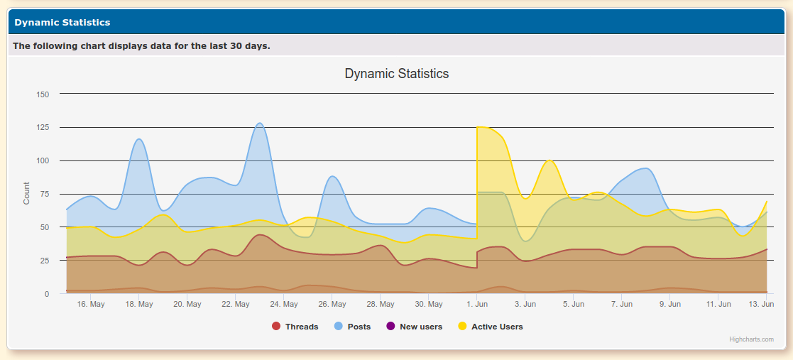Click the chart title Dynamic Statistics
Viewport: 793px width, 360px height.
[396, 73]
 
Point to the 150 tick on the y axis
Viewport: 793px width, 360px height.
[42, 94]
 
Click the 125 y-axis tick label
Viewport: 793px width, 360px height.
[42, 128]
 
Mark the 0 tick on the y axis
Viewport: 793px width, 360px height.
[47, 294]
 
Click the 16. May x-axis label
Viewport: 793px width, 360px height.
[91, 305]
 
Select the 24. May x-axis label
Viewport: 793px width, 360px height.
[284, 305]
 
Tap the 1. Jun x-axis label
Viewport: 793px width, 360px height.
[477, 305]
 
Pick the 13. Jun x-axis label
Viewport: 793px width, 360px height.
[762, 305]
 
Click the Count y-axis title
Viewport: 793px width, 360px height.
[26, 193]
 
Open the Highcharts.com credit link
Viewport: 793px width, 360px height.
[751, 339]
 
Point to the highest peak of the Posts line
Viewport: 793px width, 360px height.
[260, 123]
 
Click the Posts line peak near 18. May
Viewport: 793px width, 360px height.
[139, 139]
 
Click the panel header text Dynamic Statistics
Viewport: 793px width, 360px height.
[62, 22]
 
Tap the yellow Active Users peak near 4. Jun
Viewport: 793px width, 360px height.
[549, 160]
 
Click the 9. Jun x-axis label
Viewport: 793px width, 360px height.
[670, 305]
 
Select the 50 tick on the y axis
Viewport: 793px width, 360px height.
[44, 227]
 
